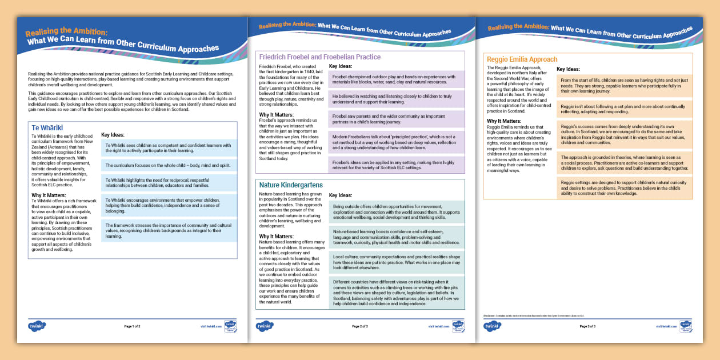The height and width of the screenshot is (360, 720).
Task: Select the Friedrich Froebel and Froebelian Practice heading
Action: [x=319, y=57]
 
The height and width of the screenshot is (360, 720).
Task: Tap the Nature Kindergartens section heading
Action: [x=291, y=185]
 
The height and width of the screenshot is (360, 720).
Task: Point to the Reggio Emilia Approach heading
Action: [x=522, y=59]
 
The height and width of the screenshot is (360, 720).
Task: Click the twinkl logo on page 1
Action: [x=37, y=326]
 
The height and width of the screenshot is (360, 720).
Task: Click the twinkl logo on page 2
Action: [x=265, y=326]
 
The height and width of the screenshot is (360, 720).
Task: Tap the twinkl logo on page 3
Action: [x=493, y=326]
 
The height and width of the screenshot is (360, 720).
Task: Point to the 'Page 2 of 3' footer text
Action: [x=359, y=326]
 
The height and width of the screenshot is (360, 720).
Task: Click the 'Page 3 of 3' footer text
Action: [x=587, y=326]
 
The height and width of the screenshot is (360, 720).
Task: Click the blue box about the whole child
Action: [x=169, y=165]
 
